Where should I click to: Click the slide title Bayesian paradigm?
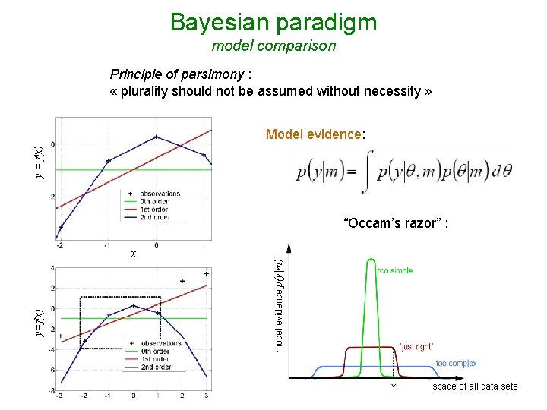(x=273, y=22)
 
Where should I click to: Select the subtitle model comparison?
(x=273, y=46)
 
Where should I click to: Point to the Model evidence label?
(x=315, y=134)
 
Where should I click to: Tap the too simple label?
(x=396, y=271)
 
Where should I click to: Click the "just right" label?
(x=416, y=346)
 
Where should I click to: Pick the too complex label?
(x=456, y=364)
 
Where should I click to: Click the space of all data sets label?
(x=475, y=386)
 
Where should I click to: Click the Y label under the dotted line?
(x=393, y=386)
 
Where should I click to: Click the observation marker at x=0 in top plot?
(x=156, y=137)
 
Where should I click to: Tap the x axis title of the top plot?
(x=134, y=254)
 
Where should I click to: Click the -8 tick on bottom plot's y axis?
(x=51, y=390)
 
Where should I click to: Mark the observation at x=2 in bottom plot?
(x=182, y=281)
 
